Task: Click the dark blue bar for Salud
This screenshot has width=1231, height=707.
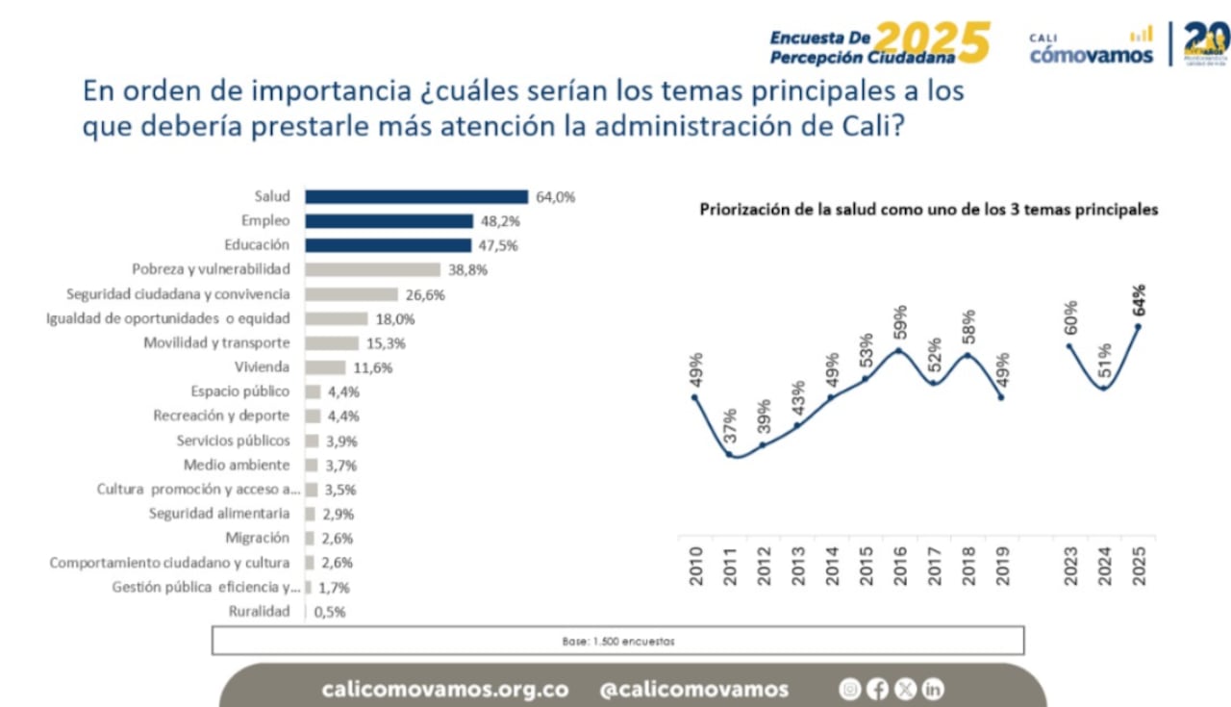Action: point(416,197)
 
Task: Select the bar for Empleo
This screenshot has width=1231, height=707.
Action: point(389,221)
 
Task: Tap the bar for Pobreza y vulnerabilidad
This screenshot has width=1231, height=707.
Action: point(372,270)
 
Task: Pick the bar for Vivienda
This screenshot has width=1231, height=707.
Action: point(325,367)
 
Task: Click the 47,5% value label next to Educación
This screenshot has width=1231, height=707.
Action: point(499,246)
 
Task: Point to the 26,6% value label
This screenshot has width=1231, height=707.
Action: point(425,295)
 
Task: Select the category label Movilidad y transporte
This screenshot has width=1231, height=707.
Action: point(216,343)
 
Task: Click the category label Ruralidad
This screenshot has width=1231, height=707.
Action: point(259,612)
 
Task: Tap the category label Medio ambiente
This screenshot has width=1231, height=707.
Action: point(237,466)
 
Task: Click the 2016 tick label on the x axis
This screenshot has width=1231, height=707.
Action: point(900,567)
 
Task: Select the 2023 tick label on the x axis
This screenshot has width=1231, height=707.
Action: point(1070,567)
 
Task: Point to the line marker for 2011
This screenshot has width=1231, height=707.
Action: point(729,454)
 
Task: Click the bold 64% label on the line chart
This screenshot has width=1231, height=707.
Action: point(1139,300)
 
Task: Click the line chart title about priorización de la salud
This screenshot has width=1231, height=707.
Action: point(928,209)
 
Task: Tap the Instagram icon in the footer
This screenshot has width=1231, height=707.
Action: point(849,689)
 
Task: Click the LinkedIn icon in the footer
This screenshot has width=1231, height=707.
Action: point(933,689)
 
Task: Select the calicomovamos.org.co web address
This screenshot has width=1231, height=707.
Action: point(444,690)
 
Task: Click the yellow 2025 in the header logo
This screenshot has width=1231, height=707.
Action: point(932,43)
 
